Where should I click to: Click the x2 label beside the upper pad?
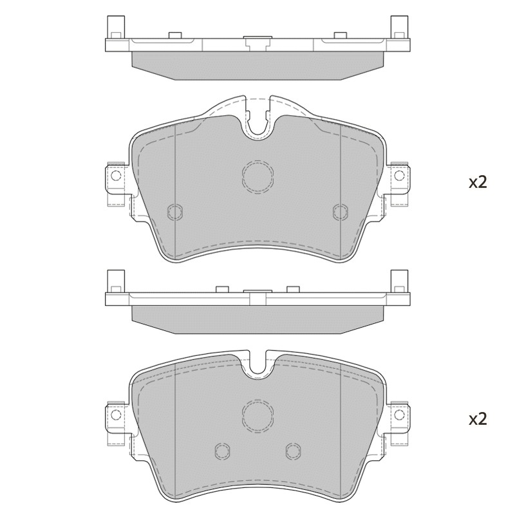478,183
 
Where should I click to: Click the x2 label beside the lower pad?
478,420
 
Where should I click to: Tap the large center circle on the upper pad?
258,176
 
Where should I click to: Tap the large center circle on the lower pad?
258,415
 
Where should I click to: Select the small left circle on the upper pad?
175,212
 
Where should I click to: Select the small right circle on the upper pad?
341,212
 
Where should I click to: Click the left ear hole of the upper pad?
116,175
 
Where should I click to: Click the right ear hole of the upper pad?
399,175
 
